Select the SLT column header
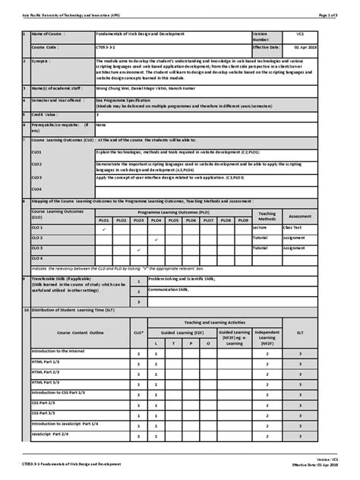coord(301,332)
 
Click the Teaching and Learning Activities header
coord(214,322)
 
